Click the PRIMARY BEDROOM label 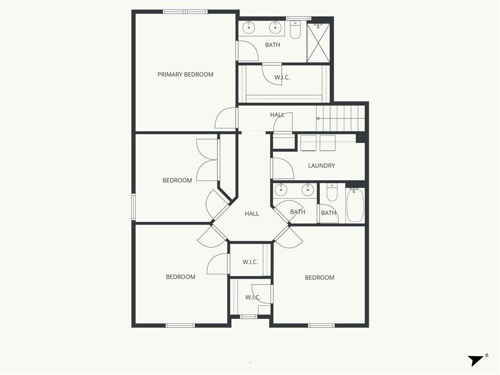tap(185, 75)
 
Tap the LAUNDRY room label tap(321, 166)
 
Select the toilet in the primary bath tap(295, 30)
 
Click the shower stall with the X tap(319, 42)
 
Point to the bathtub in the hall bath tap(355, 205)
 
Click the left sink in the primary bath tap(249, 28)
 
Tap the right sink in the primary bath tap(275, 28)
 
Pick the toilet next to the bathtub tap(332, 192)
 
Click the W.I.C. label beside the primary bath tap(282, 78)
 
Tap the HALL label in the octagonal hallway tap(252, 214)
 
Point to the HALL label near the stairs tap(277, 115)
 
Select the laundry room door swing tap(283, 168)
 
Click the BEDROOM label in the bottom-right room tap(319, 278)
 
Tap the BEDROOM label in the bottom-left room tap(181, 277)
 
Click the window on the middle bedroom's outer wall tap(134, 207)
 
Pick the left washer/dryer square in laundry tap(309, 143)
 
